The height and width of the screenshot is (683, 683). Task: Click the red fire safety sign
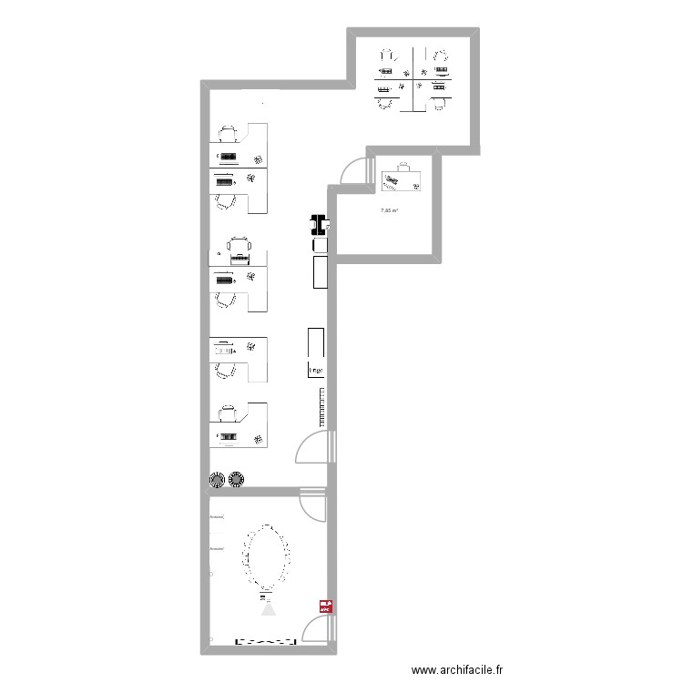point(324,604)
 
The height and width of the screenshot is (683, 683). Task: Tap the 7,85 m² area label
point(390,212)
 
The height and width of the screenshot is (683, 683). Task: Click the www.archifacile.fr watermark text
point(457,669)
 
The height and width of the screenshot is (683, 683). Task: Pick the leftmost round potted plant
point(218,479)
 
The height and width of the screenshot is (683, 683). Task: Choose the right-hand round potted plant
point(238,478)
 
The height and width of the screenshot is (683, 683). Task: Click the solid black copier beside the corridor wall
point(319,223)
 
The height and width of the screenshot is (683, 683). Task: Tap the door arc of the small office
point(350,172)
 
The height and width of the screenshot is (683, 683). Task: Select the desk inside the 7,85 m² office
point(401,179)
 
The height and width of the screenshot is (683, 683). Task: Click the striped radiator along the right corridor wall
point(321,406)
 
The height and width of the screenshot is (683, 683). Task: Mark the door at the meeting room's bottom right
point(316,630)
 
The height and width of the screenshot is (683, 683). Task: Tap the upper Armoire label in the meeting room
point(216,517)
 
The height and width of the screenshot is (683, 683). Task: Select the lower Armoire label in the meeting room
point(216,549)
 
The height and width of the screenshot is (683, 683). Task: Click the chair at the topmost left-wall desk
point(229,134)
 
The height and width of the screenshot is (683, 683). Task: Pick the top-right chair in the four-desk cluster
point(442,57)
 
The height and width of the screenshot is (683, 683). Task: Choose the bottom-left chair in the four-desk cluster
point(384,101)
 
